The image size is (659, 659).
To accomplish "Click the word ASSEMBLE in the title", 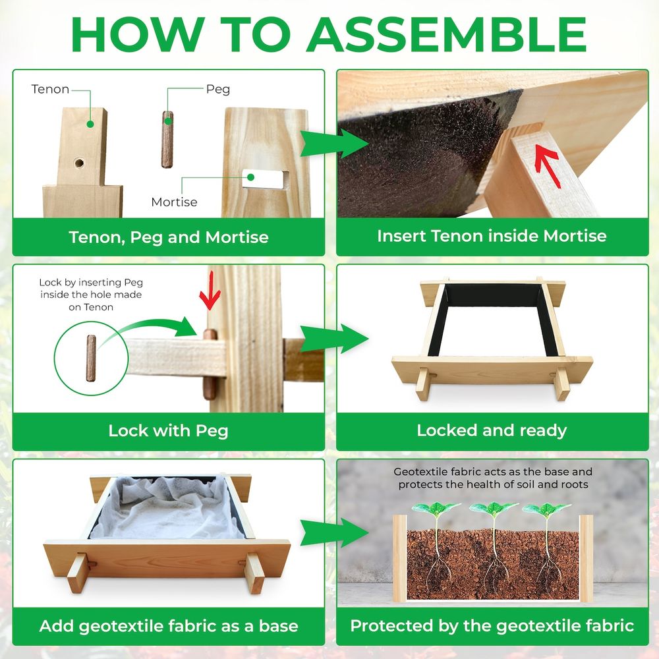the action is [449, 34].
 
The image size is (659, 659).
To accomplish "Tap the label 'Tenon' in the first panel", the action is [50, 89].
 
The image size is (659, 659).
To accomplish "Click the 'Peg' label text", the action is [217, 90].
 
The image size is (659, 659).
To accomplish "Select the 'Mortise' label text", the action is [174, 202].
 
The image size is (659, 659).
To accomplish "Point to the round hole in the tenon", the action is [79, 162].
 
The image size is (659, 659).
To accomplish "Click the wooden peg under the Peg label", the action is [167, 140].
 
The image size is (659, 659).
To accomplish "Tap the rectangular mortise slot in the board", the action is [266, 179].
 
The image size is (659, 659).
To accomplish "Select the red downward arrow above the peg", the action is [210, 291].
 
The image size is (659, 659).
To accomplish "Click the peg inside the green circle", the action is [91, 358].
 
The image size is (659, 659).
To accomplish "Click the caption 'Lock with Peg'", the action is [168, 431].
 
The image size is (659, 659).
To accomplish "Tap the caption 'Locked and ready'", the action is [492, 430].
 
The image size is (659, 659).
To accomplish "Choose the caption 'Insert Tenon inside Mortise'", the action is [492, 236].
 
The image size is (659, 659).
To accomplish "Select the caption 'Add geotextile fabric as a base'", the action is [169, 626].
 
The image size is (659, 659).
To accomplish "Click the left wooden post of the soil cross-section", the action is [400, 558].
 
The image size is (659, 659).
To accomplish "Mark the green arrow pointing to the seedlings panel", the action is [335, 532].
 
